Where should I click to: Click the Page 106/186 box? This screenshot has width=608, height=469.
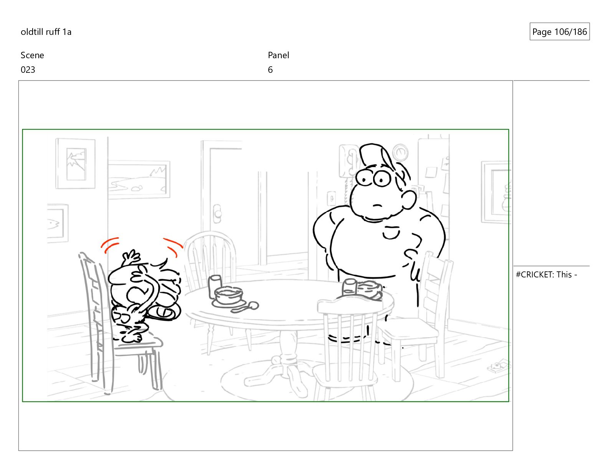point(559,31)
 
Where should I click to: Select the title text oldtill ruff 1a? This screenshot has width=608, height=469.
point(46,32)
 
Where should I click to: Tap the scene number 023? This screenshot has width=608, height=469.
point(28,70)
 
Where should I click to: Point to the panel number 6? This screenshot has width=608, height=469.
point(270,70)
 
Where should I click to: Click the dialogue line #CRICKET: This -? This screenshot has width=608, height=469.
point(546,275)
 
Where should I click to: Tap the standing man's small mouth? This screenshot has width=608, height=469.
point(378,206)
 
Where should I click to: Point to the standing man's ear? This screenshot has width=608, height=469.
point(409,199)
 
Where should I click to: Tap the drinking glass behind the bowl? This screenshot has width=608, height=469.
point(215,286)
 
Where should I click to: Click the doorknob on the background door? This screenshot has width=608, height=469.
point(217,214)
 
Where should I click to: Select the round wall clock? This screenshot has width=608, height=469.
point(400,153)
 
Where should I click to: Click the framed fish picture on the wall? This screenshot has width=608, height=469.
point(57,223)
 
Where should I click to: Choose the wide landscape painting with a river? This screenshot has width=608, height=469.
point(139,179)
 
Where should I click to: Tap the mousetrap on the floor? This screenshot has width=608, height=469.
point(498,366)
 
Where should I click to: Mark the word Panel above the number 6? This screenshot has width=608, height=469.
point(278,55)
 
